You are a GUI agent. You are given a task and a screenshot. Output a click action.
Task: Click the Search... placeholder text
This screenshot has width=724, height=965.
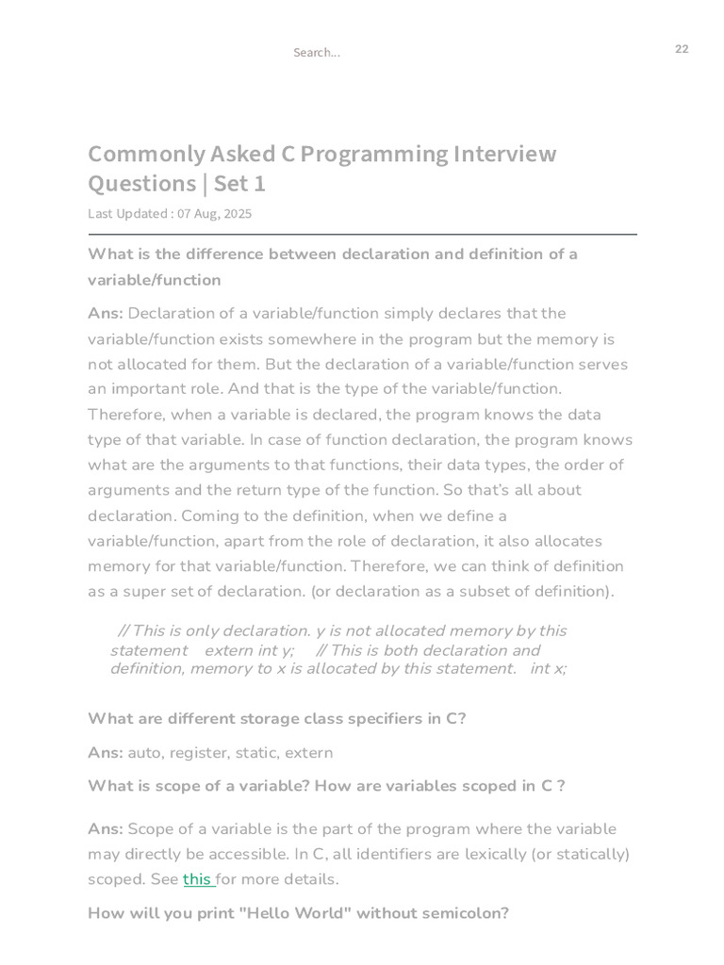coord(316,53)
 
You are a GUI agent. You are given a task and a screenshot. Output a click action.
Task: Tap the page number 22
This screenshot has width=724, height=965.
coord(682,49)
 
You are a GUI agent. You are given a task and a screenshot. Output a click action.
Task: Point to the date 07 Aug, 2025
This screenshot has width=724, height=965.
coord(215,214)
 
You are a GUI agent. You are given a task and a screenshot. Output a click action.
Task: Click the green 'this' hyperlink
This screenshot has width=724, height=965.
coord(197,879)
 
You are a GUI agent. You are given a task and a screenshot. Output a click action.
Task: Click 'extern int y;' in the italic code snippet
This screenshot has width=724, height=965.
coord(249,650)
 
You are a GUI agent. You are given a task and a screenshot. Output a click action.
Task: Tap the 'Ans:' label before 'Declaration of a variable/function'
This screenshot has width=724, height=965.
coord(106,313)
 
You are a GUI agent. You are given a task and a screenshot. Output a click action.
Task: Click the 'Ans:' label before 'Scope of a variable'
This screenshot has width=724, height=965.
coord(106,828)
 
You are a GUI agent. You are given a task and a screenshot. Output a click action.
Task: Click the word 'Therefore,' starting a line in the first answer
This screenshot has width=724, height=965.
coord(126,415)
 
